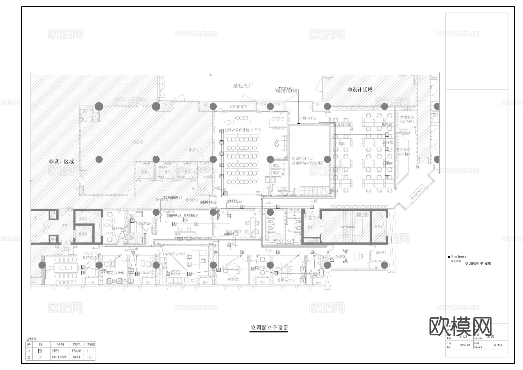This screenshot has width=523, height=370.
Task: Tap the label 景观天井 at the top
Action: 243,86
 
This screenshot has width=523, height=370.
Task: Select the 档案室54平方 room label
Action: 302,158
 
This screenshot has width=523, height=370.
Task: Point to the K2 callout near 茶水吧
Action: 316,201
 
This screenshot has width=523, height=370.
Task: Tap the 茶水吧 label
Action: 294,210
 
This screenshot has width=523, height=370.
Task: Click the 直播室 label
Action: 340,257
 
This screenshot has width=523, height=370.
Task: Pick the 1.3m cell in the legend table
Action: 89,358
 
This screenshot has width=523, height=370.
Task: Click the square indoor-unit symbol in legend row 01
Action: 40,351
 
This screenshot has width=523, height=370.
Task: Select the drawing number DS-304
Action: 497,346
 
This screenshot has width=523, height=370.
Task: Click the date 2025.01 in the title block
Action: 464,345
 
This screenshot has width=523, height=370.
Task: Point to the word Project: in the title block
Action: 458,257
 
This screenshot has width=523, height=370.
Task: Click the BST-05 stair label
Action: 362,215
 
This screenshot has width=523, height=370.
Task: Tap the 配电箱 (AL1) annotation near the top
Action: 286,88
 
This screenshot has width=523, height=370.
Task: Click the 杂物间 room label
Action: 381,253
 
